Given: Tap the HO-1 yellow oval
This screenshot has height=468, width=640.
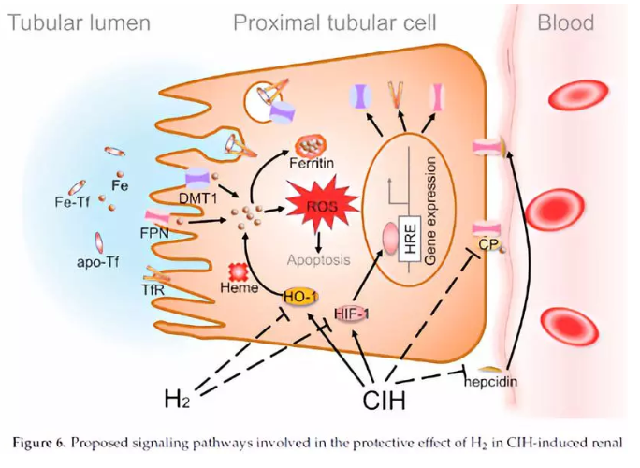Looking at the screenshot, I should coord(298,296).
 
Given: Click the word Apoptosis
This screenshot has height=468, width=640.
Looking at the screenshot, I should coord(319,259).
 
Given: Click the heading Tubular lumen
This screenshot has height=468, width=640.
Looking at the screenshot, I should coord(80,22).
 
